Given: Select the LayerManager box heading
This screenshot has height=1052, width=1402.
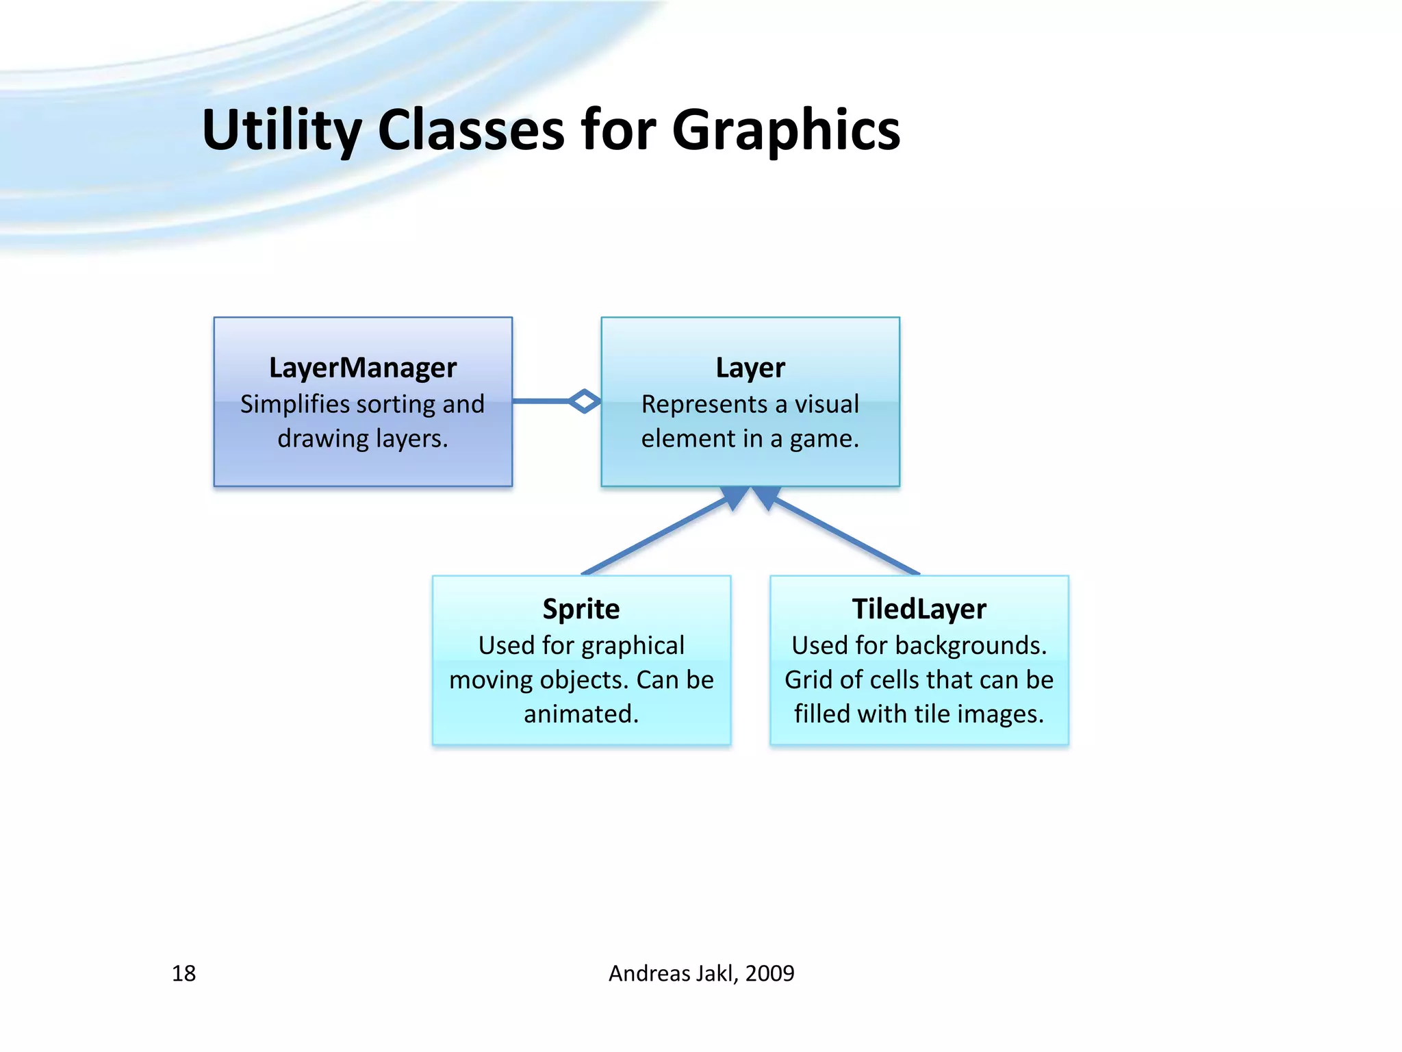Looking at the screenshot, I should pos(363,368).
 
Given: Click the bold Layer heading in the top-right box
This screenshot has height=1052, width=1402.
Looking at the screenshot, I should pos(750,368).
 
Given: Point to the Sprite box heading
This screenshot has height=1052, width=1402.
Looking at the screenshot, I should pos(581,609).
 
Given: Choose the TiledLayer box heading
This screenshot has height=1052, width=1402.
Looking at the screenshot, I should pos(919,609).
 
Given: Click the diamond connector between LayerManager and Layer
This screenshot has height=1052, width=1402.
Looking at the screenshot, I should pos(585,401).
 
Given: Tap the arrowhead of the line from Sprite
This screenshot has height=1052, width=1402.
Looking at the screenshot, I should pos(735,497).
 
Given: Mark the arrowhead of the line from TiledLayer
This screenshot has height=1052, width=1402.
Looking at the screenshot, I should pos(767,497).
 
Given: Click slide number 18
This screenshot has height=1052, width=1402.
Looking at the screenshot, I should pos(183,973).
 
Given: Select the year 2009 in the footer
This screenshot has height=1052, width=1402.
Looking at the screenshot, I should pos(769,973).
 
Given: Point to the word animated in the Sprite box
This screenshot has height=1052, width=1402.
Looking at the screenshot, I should pos(580,714).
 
